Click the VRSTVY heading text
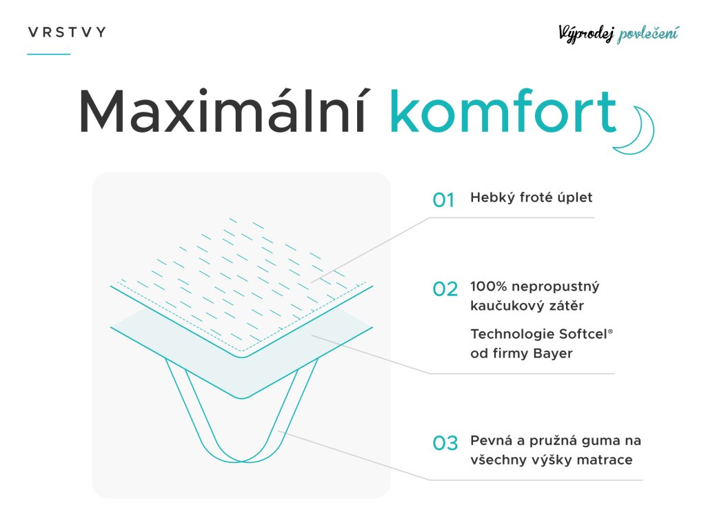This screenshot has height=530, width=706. point(67,32)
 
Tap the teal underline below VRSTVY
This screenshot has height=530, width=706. point(49,54)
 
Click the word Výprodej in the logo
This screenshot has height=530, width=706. point(586,34)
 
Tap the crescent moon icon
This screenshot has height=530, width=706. point(636,130)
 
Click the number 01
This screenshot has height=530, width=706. point(443,200)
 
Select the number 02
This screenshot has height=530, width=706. point(445,289)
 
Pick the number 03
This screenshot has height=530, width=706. point(445,443)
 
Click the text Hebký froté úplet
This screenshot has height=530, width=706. point(532,198)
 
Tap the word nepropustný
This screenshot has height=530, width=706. point(556,287)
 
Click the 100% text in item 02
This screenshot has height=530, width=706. point(489,286)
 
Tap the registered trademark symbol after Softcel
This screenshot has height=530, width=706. point(611,332)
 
